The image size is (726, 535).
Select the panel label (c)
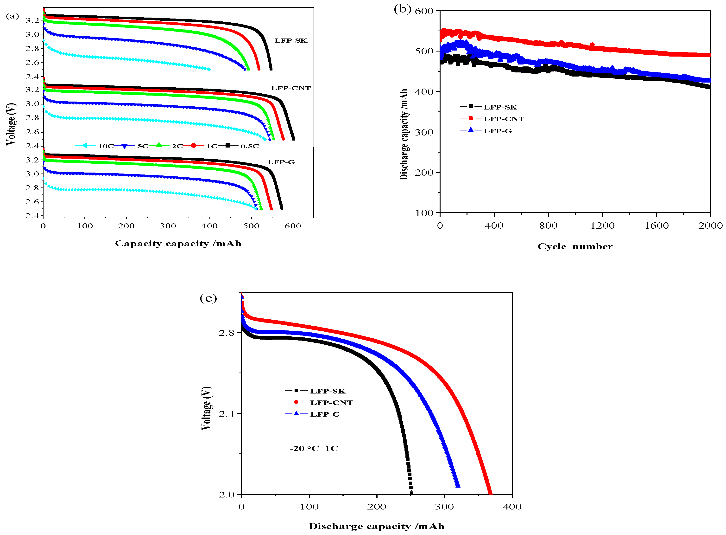tap(208, 298)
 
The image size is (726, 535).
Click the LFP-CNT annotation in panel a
tap(290, 88)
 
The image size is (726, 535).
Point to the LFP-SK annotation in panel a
tap(290, 40)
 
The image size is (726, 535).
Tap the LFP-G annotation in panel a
tap(281, 162)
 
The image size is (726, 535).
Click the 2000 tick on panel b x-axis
tap(710, 226)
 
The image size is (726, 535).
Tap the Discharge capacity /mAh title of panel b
tap(404, 134)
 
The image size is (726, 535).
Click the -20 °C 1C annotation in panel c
tap(314, 449)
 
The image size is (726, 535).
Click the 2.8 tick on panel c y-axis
tap(227, 333)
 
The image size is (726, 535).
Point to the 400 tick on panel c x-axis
tap(512, 507)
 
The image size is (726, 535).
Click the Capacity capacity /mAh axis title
tap(178, 244)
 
